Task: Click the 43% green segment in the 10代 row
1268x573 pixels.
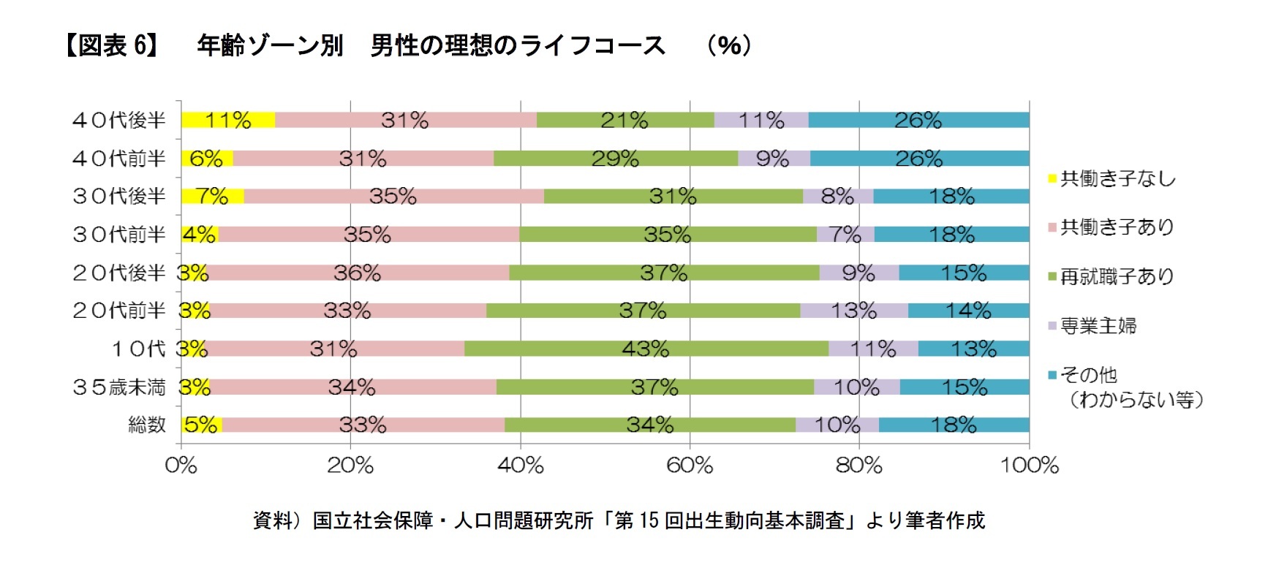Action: (646, 349)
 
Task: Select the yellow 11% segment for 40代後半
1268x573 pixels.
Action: (227, 120)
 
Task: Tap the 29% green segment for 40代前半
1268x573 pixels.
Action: (615, 159)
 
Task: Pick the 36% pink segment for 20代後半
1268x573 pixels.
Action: (357, 273)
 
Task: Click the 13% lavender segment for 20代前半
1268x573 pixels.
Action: (853, 311)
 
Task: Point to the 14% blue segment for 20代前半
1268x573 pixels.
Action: (968, 311)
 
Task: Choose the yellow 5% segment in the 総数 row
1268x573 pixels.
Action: (201, 425)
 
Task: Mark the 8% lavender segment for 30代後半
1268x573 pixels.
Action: (837, 196)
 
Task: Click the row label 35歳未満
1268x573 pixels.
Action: (119, 387)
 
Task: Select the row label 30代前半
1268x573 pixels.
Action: (119, 235)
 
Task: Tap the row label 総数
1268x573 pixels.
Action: (147, 425)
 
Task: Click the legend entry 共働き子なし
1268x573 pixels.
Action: (1117, 178)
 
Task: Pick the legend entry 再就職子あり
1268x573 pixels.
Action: (1117, 276)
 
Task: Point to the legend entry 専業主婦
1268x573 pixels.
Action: (1098, 325)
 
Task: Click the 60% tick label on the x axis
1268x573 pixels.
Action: (690, 466)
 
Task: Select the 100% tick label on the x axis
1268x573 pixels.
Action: (1029, 466)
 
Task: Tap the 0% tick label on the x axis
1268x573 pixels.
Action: (181, 466)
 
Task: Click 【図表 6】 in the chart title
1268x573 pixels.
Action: (112, 45)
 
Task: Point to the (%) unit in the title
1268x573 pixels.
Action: (729, 45)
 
